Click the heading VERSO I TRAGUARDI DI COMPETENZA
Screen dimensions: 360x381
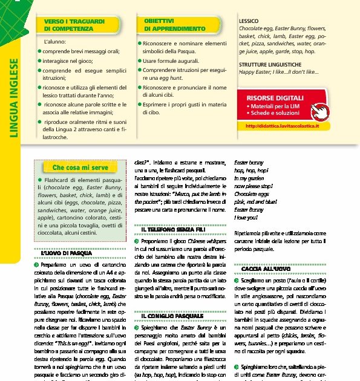68,25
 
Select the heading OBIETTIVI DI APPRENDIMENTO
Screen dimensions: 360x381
175,25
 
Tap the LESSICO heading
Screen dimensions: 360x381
249,21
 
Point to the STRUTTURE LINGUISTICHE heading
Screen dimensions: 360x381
270,64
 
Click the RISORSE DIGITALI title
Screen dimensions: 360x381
275,97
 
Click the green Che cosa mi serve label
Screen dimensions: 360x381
80,167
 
